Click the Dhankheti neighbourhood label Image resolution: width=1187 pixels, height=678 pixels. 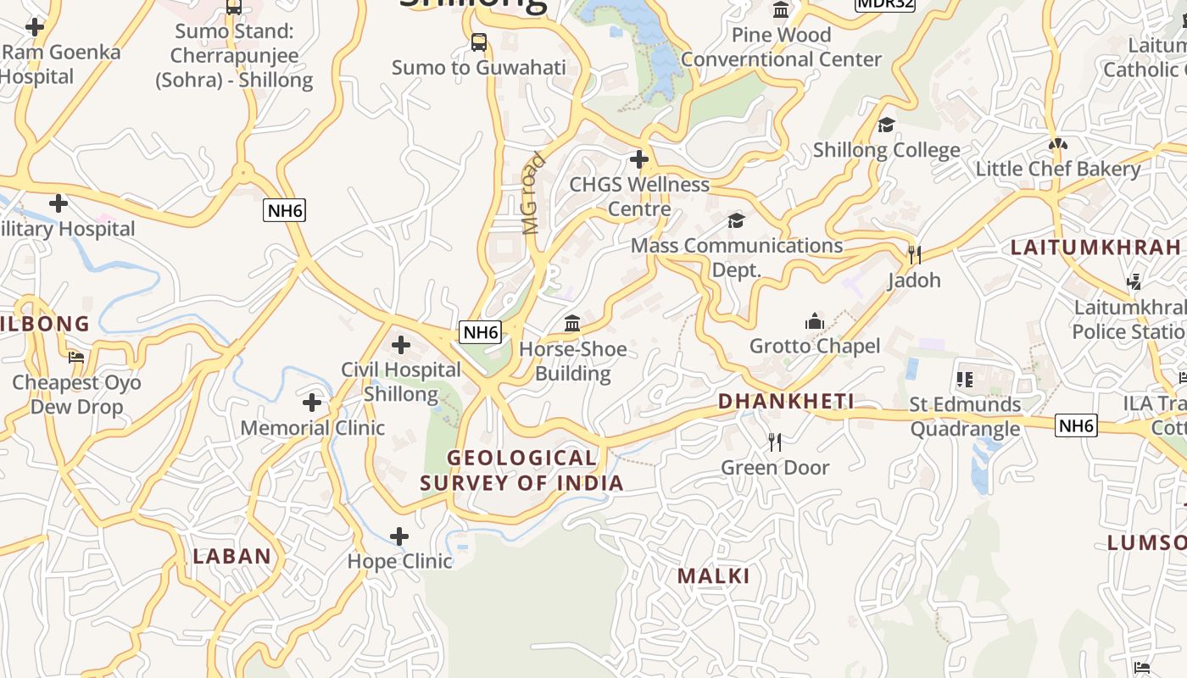(x=786, y=402)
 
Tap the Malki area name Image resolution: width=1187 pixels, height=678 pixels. (x=713, y=576)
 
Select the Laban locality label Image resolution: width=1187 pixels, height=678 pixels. (x=231, y=557)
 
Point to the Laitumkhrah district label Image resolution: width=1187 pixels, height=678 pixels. (x=1095, y=247)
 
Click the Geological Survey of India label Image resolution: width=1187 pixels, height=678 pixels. (x=522, y=471)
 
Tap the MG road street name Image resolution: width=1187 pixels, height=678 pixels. (x=531, y=193)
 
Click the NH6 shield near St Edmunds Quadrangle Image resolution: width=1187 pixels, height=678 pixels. (x=1076, y=425)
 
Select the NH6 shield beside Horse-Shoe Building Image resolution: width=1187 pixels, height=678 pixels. (x=480, y=332)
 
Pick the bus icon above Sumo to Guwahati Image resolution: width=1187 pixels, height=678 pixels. (x=479, y=42)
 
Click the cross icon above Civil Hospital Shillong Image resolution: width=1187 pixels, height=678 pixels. (x=401, y=345)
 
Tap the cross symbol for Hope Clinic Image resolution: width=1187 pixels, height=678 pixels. (x=399, y=536)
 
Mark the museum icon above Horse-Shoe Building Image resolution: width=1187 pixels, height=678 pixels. (x=572, y=324)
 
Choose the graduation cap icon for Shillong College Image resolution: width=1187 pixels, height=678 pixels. (x=886, y=125)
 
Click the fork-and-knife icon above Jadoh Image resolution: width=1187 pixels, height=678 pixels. (x=914, y=254)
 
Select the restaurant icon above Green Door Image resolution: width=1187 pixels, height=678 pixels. (x=774, y=442)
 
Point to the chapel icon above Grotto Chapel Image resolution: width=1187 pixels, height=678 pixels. (x=815, y=321)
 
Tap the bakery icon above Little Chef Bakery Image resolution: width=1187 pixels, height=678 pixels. (x=1057, y=144)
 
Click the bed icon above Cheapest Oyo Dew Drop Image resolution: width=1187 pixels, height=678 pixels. (x=76, y=358)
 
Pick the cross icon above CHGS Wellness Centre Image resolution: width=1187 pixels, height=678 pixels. (x=639, y=159)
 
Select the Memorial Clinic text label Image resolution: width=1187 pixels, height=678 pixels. (x=313, y=428)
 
